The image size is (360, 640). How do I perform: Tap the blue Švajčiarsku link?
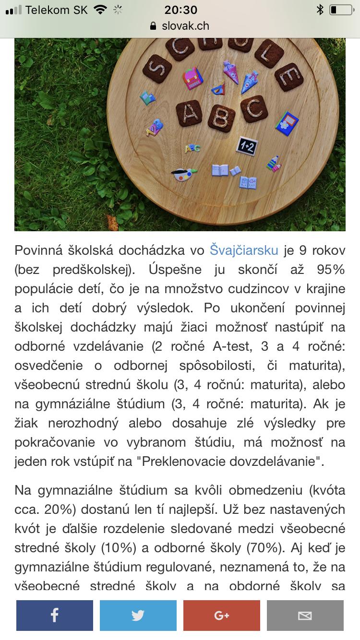tap(244, 250)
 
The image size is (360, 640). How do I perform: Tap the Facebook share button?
tap(54, 615)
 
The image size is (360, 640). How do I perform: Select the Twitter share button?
tap(138, 615)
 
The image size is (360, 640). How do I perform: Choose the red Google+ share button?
tap(221, 615)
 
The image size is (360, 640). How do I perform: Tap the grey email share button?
tap(305, 615)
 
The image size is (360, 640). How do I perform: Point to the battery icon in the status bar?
tap(340, 10)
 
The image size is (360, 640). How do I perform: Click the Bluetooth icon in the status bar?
tap(320, 10)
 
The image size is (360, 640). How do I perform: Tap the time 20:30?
tap(180, 10)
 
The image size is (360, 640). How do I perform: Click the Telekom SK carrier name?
tap(57, 10)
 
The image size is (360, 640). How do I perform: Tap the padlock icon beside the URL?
tap(154, 26)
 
